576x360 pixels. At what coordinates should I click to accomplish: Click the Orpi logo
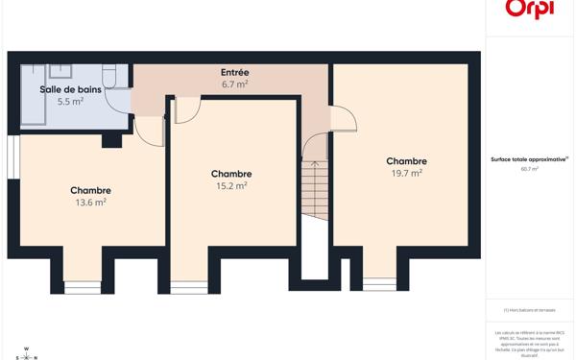[529, 10]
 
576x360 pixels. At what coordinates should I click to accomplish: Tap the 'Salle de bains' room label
[70, 89]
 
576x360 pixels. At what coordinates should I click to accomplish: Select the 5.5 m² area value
[70, 101]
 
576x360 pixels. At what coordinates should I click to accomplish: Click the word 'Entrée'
[235, 72]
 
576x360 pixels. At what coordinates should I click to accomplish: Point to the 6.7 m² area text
[235, 84]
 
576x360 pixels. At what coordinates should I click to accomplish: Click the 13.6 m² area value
[90, 203]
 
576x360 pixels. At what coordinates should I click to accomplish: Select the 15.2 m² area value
[231, 186]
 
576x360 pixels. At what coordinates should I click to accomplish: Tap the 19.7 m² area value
[406, 174]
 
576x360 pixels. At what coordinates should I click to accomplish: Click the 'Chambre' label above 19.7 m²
[406, 161]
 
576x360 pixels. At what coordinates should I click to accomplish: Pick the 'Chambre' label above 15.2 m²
[231, 174]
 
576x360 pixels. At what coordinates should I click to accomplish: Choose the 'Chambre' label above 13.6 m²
[90, 190]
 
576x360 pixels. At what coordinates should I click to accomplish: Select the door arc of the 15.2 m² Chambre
[186, 109]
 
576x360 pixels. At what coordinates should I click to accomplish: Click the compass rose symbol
[26, 354]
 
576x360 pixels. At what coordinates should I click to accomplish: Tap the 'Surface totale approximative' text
[529, 159]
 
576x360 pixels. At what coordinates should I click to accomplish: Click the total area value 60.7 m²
[529, 169]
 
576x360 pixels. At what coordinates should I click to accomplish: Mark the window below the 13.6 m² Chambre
[83, 286]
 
